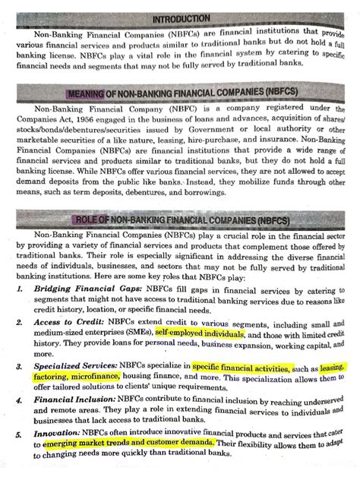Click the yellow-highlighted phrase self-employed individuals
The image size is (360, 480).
pos(199,334)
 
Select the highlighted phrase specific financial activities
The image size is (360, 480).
pos(242,368)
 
